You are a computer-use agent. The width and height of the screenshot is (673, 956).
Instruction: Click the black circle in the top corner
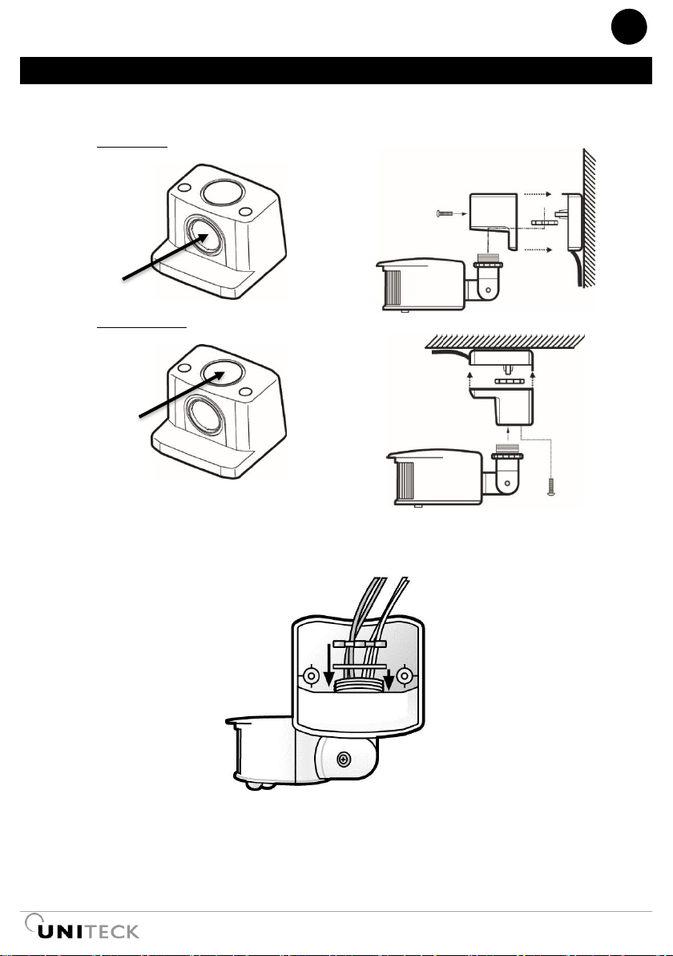click(629, 26)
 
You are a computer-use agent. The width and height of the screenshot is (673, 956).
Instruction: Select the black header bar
click(336, 70)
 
